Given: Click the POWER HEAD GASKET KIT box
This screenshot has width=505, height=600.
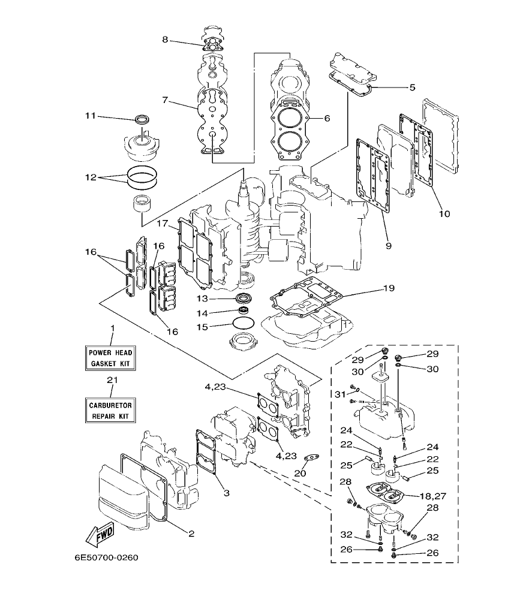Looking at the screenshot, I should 109,358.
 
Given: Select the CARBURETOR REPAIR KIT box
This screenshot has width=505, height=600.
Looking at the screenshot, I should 109,410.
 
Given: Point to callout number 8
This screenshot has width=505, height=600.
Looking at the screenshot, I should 165,40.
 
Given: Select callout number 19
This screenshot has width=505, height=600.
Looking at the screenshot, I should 389,288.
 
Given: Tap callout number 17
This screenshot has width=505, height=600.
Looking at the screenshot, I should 162,224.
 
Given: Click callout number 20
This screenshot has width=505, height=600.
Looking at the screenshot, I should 300,474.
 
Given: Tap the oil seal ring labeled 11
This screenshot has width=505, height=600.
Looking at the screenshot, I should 142,119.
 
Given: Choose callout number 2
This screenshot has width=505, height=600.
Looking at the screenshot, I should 192,533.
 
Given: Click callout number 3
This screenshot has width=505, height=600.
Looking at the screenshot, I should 226,493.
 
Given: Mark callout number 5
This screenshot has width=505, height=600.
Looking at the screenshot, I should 412,88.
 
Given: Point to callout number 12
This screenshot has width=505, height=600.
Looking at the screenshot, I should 91,177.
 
